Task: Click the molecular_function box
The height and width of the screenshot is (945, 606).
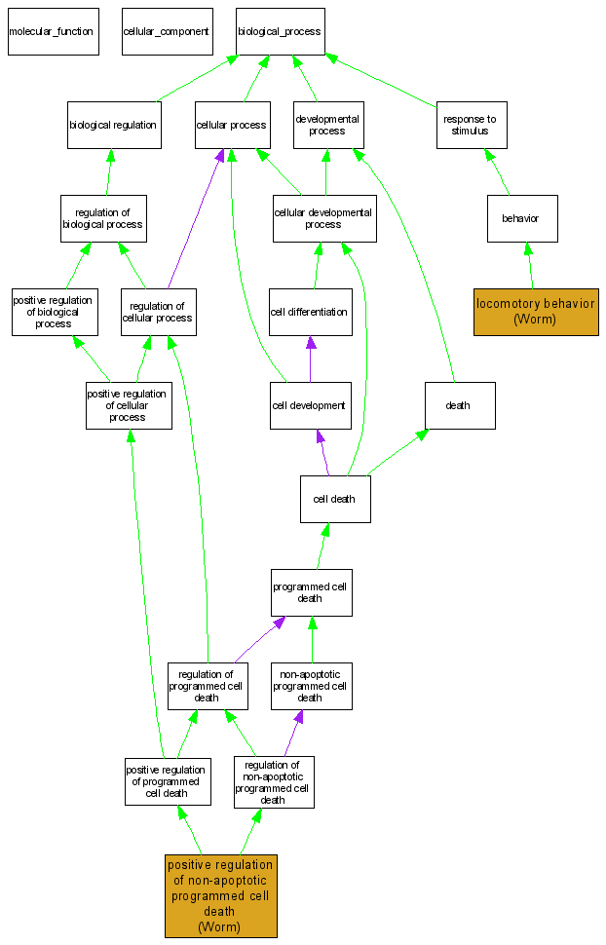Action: point(52,31)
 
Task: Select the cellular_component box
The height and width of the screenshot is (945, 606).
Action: point(166,31)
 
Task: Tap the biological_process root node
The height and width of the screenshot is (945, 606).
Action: point(279,31)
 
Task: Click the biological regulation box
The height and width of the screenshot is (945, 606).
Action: point(114,125)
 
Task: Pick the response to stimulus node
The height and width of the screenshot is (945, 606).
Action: point(471,125)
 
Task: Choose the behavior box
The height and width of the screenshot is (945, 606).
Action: point(521,218)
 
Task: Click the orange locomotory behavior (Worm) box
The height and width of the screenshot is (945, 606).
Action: point(535,312)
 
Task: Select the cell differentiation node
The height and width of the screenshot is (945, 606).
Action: point(310,312)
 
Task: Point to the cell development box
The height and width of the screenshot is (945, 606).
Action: point(310,405)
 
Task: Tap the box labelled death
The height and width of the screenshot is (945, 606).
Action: point(459,405)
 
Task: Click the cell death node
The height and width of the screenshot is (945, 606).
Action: point(334,499)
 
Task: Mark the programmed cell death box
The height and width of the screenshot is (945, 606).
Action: point(311,592)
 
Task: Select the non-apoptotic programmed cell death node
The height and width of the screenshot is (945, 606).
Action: point(311,686)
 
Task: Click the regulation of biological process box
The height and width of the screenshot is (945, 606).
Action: point(103,218)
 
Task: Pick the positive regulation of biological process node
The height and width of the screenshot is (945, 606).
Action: point(55,312)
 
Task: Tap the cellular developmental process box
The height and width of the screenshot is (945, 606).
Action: point(323,218)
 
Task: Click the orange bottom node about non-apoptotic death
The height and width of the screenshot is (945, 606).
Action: point(220,895)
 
